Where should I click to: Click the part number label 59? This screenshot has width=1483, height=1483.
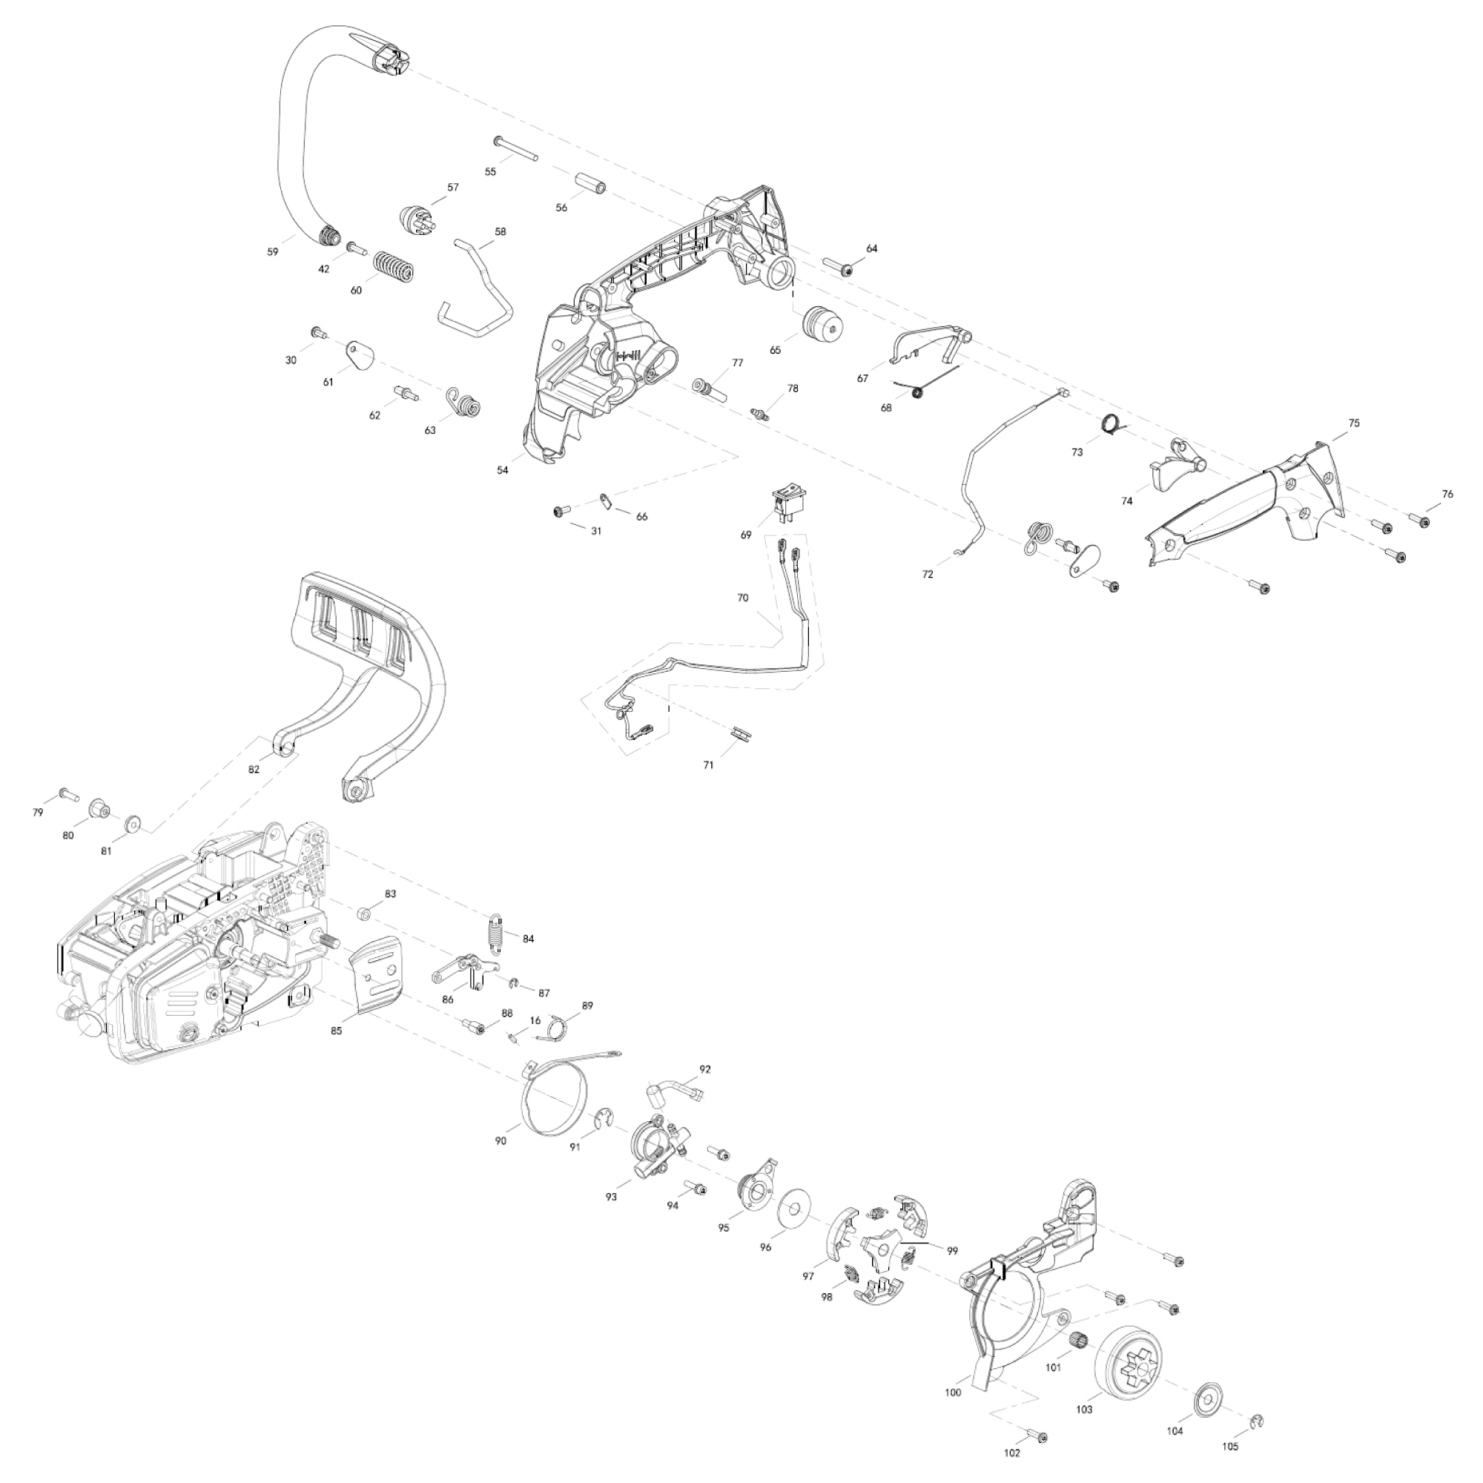coord(272,251)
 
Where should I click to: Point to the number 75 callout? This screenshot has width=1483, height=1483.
coord(1353,423)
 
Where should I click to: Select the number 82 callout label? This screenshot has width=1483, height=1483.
coord(254,770)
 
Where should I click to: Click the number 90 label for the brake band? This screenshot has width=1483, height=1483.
coord(501,1163)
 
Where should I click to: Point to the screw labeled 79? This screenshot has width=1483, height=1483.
coord(67,793)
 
